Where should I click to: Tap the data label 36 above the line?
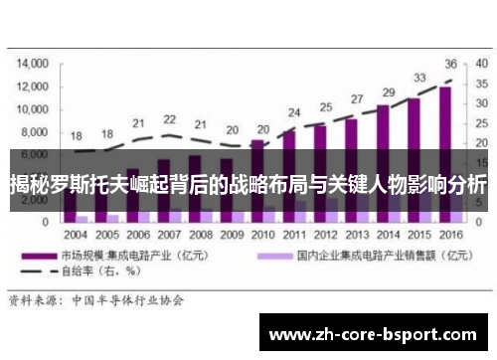pyautogui.click(x=450, y=63)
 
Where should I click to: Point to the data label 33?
pyautogui.click(x=420, y=78)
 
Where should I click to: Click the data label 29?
pyautogui.click(x=389, y=92)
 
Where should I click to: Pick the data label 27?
pyautogui.click(x=358, y=99)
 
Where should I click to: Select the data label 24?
pyautogui.click(x=294, y=112)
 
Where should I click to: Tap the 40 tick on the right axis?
pyautogui.click(x=480, y=62)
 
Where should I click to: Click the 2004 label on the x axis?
pyautogui.click(x=77, y=236)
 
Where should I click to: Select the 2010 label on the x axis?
pyautogui.click(x=263, y=236)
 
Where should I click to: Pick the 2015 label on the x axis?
pyautogui.click(x=418, y=236)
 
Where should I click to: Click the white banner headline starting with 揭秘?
pyautogui.click(x=248, y=184)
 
